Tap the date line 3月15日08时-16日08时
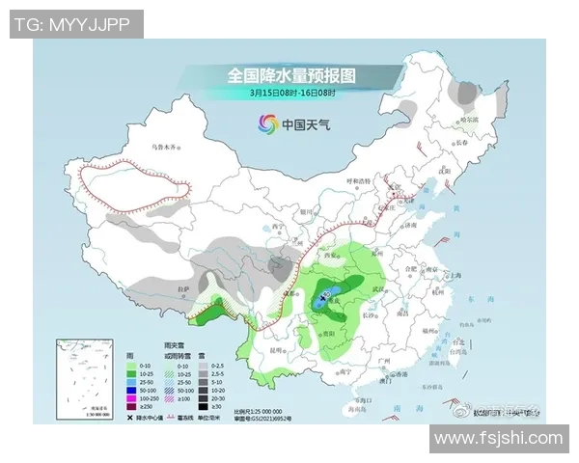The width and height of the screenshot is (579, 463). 291,93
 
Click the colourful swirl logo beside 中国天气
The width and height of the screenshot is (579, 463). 267,123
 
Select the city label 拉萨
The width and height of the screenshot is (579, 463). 183,286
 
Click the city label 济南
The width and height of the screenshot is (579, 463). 410,226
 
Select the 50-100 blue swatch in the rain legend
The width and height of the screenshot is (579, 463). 133,390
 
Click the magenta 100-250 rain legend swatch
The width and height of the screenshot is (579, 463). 133,398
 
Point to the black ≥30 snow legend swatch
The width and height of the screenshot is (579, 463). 203,407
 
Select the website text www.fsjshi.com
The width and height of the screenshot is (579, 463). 497,439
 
